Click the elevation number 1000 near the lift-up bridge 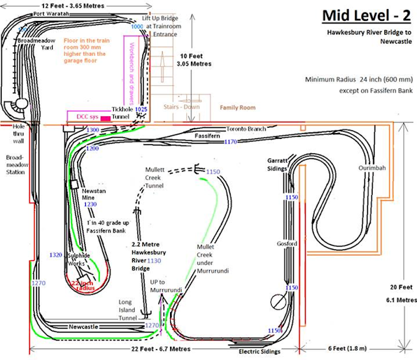click(137, 27)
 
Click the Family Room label click(237, 107)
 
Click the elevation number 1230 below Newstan click(90, 204)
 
